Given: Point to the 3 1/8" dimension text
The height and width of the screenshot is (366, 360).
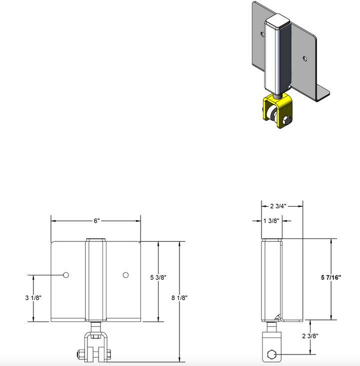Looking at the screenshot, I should (x=33, y=297).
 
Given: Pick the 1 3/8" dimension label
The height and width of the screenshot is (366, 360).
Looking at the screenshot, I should (x=271, y=220).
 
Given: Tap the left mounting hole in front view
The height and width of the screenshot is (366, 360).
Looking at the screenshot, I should (x=65, y=274).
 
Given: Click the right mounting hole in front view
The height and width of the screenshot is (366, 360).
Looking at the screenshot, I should (x=125, y=274).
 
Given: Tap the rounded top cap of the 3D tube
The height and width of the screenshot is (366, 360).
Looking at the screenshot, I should (x=277, y=22).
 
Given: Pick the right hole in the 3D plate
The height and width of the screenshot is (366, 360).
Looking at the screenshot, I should (x=304, y=58).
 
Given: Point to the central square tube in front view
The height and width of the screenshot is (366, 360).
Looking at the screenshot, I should (x=95, y=280).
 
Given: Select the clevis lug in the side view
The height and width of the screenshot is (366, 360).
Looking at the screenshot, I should (x=271, y=345).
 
